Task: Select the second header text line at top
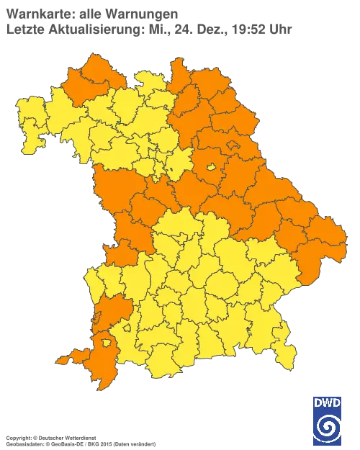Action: (x=148, y=30)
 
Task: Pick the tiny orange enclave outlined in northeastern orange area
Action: (x=233, y=146)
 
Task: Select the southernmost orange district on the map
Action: (x=101, y=360)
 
